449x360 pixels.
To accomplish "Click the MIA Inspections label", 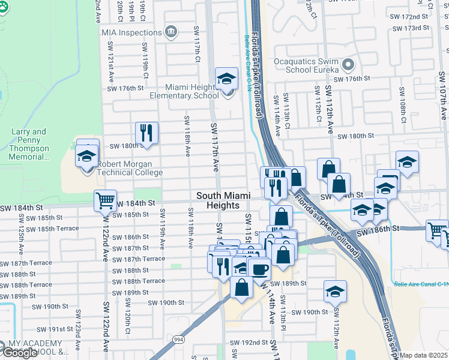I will pos(131,32).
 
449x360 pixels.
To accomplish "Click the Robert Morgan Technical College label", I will pos(130,168).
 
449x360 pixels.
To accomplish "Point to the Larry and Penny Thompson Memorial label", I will pos(29,144).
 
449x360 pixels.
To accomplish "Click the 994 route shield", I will pos(178,340).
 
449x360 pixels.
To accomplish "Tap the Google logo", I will pos(20,353).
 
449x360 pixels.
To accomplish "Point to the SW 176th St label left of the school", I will pos(131,88).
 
